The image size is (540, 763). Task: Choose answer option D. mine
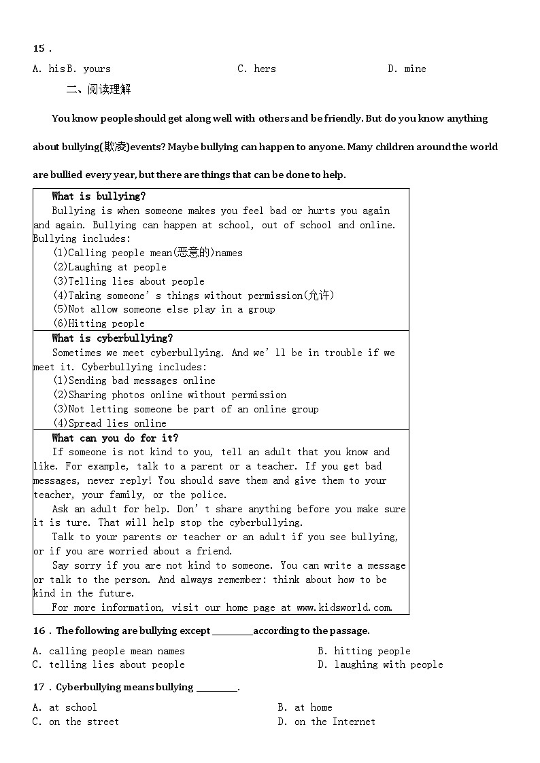point(407,69)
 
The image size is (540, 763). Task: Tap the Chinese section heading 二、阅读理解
point(99,89)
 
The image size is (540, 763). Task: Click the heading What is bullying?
point(99,196)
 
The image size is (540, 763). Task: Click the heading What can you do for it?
point(115,438)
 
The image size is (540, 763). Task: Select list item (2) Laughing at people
point(109,267)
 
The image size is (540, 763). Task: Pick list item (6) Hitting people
point(99,323)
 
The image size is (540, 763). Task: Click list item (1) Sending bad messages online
point(134,380)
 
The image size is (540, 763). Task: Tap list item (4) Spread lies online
point(109,423)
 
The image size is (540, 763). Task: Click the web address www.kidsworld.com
point(344,607)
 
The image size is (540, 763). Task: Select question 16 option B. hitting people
point(364,651)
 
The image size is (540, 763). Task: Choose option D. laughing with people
point(380,664)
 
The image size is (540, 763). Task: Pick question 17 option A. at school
point(65,707)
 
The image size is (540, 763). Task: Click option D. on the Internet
point(326,722)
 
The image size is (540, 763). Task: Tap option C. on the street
point(75,722)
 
